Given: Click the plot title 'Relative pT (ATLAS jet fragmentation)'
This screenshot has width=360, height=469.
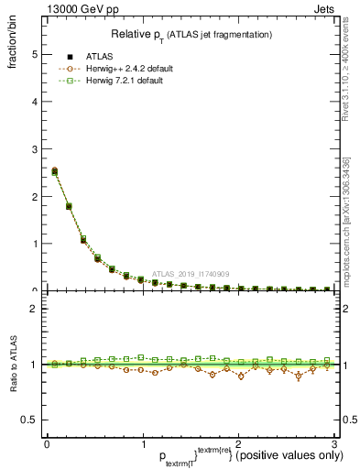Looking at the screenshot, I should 191,34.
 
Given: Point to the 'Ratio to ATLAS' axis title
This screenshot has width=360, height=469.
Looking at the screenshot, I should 15,365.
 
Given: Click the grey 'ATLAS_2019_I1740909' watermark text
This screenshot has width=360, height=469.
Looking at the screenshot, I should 192,273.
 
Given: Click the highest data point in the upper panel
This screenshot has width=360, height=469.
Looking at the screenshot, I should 54,170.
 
